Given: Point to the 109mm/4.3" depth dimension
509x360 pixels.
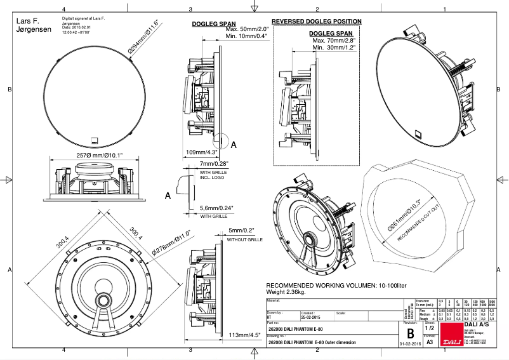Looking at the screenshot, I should (x=202, y=152).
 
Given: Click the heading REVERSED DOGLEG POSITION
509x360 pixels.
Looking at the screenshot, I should (x=317, y=22).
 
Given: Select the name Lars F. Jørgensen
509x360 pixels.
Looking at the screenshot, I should (x=29, y=25).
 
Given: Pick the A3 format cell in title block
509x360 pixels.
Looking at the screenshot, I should (x=430, y=342).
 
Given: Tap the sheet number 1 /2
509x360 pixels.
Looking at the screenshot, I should (x=430, y=328).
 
